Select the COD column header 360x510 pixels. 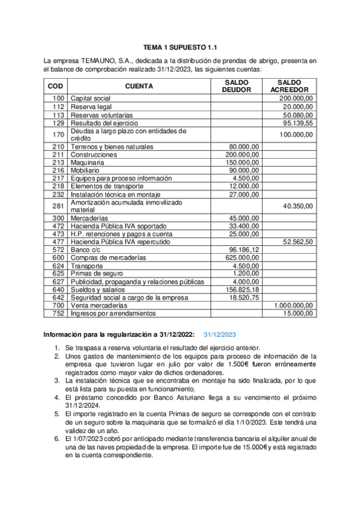click(55, 86)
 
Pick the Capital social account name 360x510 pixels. click(91, 98)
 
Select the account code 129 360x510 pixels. click(58, 123)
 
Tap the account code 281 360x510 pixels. click(58, 206)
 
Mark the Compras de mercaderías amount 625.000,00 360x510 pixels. click(242, 257)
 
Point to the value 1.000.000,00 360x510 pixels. click(293, 305)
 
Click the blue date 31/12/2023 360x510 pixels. click(219, 335)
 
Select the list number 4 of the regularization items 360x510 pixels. click(56, 398)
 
